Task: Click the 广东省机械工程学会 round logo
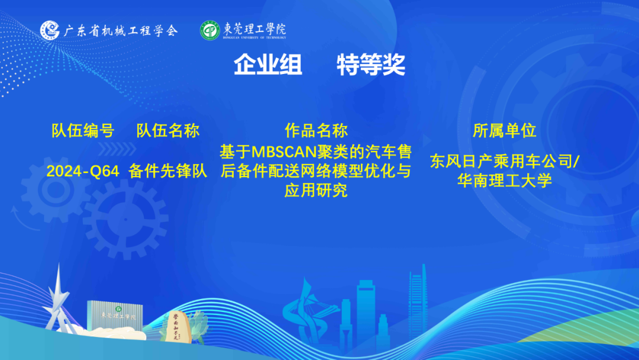point(50,30)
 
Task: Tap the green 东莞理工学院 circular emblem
point(210,31)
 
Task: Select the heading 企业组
point(268,65)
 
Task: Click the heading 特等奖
point(371,65)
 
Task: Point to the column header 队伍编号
point(83,131)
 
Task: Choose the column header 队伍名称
point(168,131)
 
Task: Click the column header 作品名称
point(316,131)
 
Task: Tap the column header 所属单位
point(505,131)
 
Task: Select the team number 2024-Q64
point(83,171)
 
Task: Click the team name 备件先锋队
point(168,171)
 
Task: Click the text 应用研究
point(316,191)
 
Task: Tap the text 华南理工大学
point(505,181)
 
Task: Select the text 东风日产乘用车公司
point(501,162)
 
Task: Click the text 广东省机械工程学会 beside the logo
point(121,31)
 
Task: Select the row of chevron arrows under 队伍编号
point(117,149)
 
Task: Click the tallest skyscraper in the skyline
point(418,302)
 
